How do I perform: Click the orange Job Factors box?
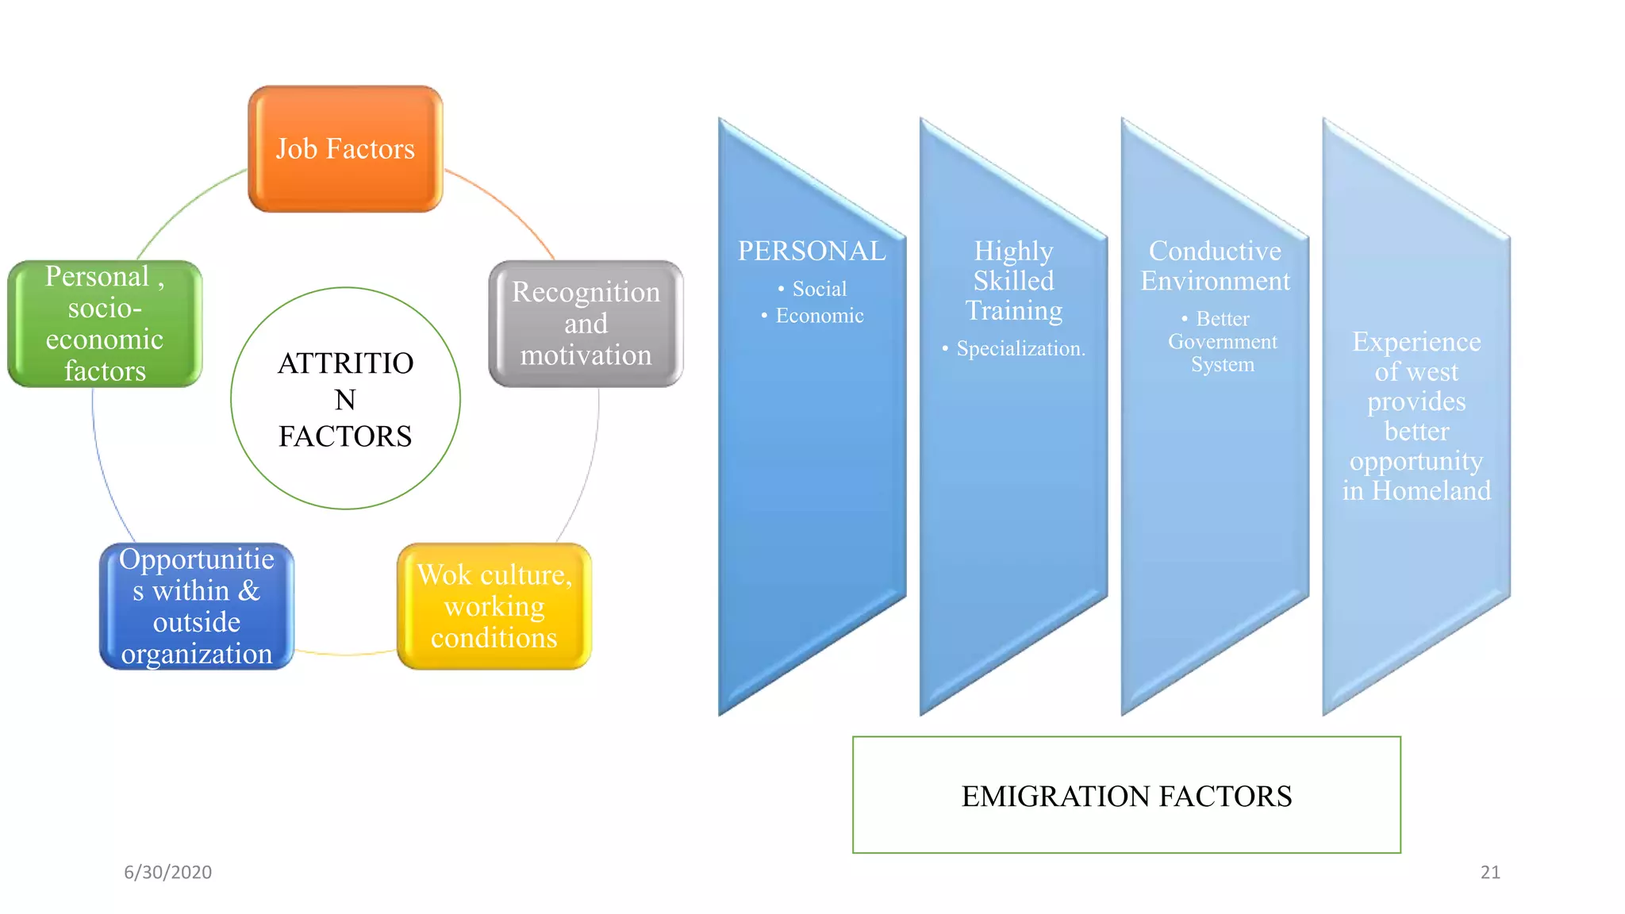click(x=345, y=149)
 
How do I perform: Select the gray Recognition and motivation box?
click(x=586, y=324)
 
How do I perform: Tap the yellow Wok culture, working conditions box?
click(x=494, y=606)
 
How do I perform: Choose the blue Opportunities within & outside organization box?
click(x=197, y=606)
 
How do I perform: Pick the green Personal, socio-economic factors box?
click(x=105, y=324)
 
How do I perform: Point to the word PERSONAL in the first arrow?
click(x=812, y=251)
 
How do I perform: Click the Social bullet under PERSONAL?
click(x=819, y=289)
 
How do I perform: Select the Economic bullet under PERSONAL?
click(x=819, y=316)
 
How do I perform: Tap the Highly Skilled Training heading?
click(x=1013, y=281)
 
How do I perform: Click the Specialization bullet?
click(x=1020, y=348)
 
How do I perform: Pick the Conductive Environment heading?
click(x=1215, y=266)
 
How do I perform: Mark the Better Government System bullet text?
click(x=1222, y=342)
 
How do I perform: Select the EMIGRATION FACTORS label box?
click(x=1126, y=795)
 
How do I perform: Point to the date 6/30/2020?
click(x=167, y=872)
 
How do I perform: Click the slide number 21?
click(x=1490, y=872)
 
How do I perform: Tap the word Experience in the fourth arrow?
click(x=1416, y=342)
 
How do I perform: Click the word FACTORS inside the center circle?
click(x=345, y=436)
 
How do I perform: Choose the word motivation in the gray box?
click(x=586, y=355)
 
